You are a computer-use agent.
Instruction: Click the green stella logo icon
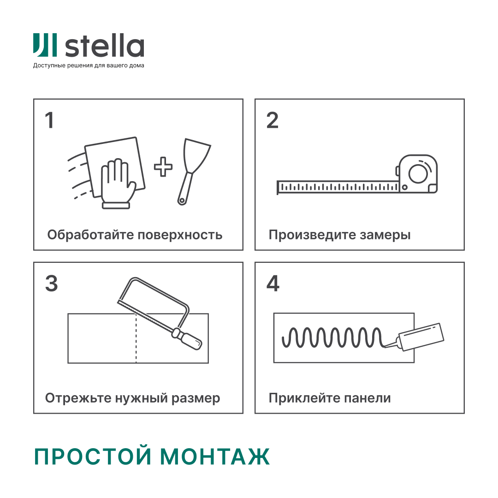coord(45,45)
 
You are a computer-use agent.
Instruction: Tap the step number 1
coord(49,120)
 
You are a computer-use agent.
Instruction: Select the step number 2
coord(273,120)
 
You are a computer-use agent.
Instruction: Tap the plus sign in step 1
coord(163,167)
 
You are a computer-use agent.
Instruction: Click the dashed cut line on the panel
coord(136,341)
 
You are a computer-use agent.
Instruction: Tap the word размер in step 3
coord(196,398)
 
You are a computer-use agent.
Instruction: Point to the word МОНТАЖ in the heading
coord(215,456)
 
